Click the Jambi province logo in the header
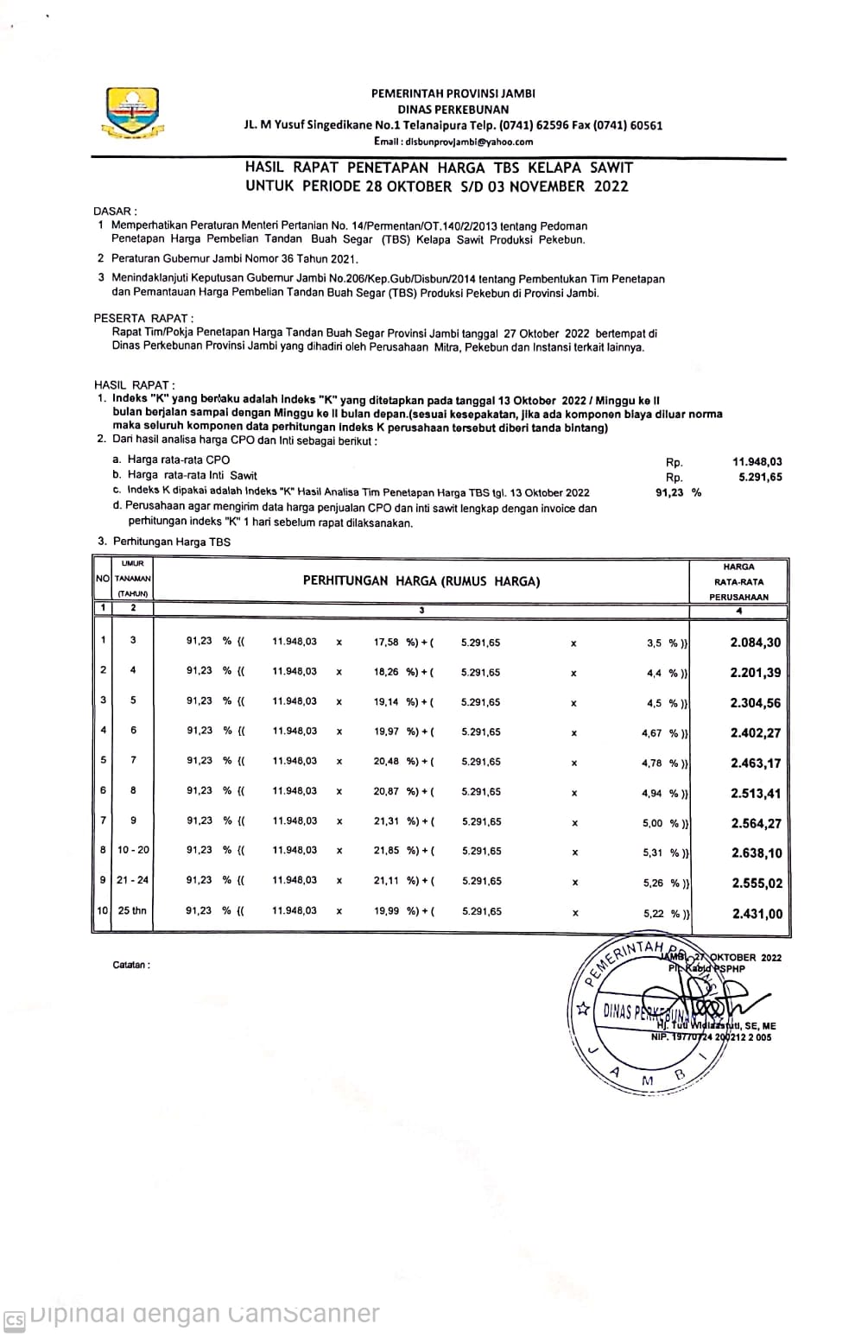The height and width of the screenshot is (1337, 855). pos(132,113)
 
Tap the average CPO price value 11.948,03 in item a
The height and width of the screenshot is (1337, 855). pos(757,461)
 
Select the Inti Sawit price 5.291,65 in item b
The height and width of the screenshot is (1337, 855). pos(760,477)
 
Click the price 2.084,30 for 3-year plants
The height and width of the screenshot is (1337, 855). pos(755,643)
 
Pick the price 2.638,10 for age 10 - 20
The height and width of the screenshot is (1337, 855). pos(756,853)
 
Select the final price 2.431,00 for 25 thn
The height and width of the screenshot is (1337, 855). pos(757,914)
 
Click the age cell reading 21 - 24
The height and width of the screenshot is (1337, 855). pos(133,880)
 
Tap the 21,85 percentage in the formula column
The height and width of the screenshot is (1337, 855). pos(386,851)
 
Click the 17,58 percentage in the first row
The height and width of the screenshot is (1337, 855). pos(386,643)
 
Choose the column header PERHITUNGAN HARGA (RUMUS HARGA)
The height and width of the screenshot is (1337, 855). pos(421,581)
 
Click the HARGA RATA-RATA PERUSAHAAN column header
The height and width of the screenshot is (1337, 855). pos(738,581)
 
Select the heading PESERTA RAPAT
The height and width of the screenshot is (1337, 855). pos(143,318)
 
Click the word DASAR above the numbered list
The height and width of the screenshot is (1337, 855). pos(114,211)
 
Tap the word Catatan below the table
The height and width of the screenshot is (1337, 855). pos(131,965)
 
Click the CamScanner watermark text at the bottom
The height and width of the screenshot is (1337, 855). pos(204,1314)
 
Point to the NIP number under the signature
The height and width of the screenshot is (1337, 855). pos(711,1037)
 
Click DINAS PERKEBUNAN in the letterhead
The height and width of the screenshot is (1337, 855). pos(453,110)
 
